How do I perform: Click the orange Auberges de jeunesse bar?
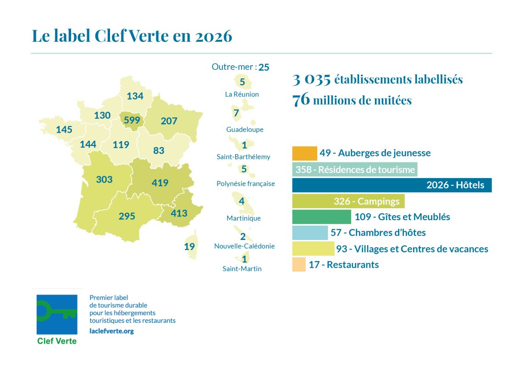[x=304, y=153]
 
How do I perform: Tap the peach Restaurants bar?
[x=298, y=264]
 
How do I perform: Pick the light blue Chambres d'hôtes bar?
[x=310, y=233]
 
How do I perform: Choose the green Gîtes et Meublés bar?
[x=321, y=217]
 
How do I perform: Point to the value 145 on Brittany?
[x=64, y=130]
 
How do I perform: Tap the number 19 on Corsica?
[x=189, y=246]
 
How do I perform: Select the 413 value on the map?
[x=179, y=213]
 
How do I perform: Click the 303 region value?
[x=104, y=179]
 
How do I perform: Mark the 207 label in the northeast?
[x=169, y=121]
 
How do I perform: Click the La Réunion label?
[x=242, y=94]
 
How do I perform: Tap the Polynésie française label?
[x=246, y=183]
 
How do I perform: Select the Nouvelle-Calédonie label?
[x=244, y=246]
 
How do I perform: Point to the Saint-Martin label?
[x=242, y=269]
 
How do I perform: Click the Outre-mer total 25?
[x=264, y=67]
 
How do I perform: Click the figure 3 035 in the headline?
[x=312, y=79]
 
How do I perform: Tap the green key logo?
[x=57, y=315]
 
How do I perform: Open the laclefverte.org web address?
[x=112, y=331]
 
